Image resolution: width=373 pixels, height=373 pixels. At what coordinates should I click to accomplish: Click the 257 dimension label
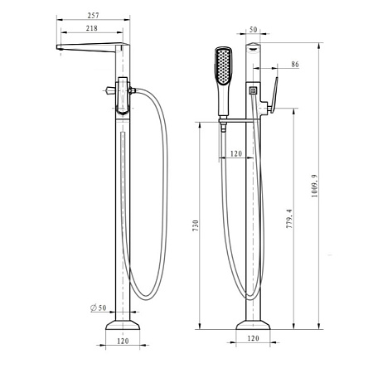[93, 16]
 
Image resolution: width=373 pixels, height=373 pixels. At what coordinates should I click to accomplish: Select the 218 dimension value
[92, 28]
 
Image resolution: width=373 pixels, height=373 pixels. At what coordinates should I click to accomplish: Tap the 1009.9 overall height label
[315, 186]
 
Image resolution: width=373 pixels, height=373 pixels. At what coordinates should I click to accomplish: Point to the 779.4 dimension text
[289, 218]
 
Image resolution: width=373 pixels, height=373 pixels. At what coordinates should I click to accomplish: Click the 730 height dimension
[196, 225]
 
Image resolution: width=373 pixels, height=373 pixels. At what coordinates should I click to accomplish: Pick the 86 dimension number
[295, 64]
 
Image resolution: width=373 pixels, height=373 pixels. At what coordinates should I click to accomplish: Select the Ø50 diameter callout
[99, 308]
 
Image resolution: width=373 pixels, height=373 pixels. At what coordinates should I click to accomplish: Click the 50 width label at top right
[253, 30]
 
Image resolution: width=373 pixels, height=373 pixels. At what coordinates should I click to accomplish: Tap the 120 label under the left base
[123, 341]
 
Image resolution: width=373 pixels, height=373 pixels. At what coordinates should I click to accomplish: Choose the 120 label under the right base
[253, 338]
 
